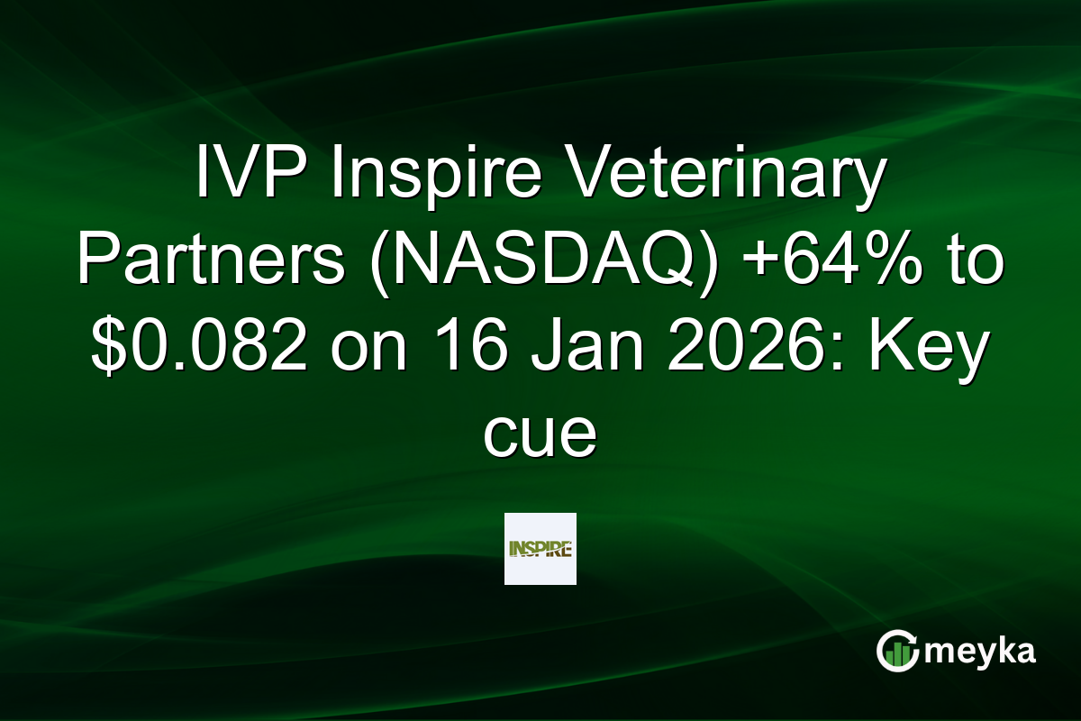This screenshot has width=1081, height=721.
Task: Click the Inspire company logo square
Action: tap(540, 549)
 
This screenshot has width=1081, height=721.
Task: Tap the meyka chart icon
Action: tap(896, 651)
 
